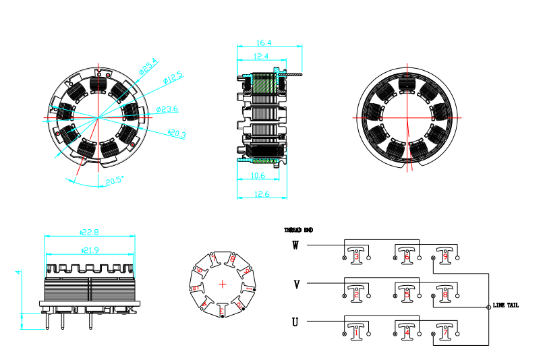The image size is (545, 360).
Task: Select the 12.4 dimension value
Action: click(262, 56)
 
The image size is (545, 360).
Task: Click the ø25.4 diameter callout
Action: click(148, 65)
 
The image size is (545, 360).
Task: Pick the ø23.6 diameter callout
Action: click(167, 109)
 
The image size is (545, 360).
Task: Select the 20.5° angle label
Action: click(115, 181)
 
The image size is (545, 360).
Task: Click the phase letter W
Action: click(295, 245)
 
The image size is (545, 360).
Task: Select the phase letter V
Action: click(296, 284)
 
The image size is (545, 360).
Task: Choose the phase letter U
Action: click(295, 322)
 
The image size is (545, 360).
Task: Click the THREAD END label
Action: click(299, 230)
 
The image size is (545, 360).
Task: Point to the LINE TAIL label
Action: click(506, 305)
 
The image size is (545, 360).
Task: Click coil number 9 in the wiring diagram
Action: click(444, 257)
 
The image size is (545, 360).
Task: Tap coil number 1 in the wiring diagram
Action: click(356, 332)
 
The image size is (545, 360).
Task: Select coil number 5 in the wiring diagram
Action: click(407, 295)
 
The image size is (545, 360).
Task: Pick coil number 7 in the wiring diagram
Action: click(444, 332)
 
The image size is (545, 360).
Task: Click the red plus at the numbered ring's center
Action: click(223, 283)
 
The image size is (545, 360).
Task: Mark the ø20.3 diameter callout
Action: click(177, 134)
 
